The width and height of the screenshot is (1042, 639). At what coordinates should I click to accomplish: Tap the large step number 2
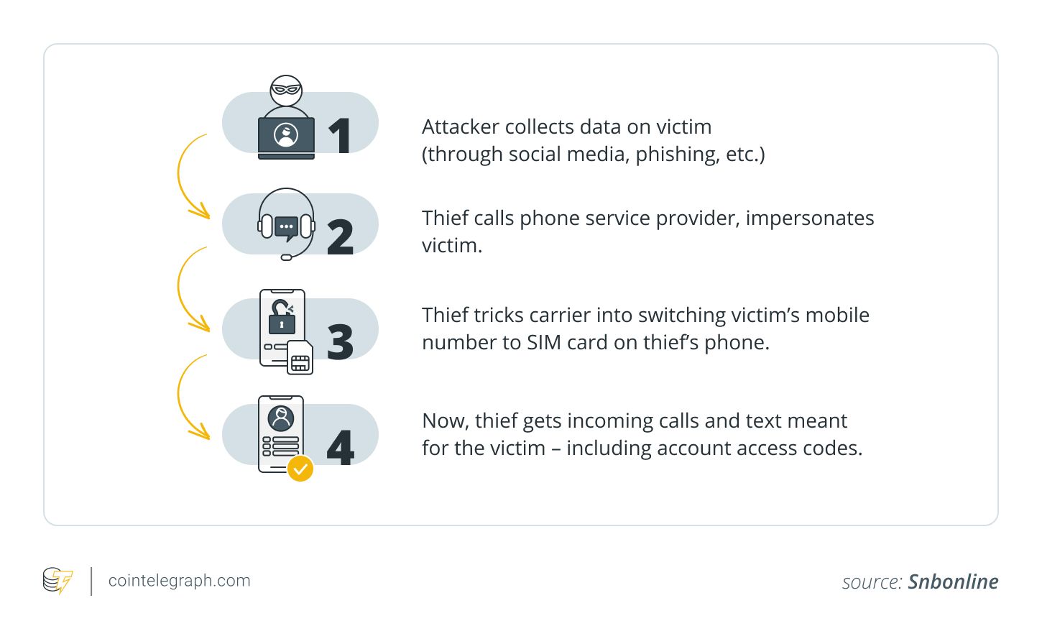point(340,237)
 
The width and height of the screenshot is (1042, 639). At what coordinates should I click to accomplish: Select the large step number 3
point(340,341)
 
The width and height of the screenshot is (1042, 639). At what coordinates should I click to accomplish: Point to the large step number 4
point(340,447)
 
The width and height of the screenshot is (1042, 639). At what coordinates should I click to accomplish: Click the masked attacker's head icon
point(286,91)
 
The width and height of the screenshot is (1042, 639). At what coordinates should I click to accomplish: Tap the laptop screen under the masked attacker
point(286,134)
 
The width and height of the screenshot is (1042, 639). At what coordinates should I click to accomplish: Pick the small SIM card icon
point(300,358)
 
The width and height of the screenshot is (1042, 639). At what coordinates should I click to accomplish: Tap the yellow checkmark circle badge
point(300,469)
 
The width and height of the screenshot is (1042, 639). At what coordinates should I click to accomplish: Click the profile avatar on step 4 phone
point(281,418)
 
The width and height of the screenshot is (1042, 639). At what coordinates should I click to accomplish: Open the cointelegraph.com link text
point(179,581)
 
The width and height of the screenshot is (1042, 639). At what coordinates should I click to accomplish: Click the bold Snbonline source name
point(953,581)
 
